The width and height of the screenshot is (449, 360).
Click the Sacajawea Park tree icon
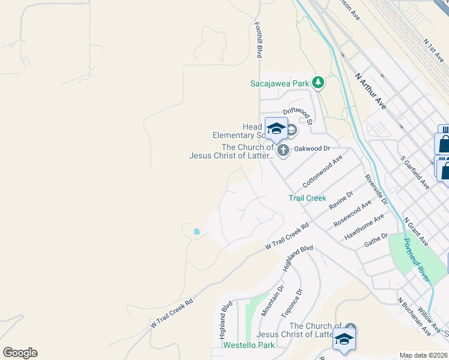[318, 83]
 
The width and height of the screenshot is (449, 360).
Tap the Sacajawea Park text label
[279, 83]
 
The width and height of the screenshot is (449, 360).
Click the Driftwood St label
[298, 113]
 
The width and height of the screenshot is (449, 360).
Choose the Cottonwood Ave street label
[322, 170]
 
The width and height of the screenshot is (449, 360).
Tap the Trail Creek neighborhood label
[307, 198]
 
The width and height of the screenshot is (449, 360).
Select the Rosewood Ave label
[352, 214]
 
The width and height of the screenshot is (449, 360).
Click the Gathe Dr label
[376, 241]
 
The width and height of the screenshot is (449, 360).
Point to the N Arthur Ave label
[370, 91]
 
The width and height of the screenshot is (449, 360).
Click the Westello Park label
[249, 345]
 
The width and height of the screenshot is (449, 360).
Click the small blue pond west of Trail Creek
[196, 231]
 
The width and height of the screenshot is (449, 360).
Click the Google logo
[20, 353]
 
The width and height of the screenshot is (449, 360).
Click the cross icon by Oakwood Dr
[283, 149]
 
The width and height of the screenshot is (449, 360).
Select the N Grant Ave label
[415, 232]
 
